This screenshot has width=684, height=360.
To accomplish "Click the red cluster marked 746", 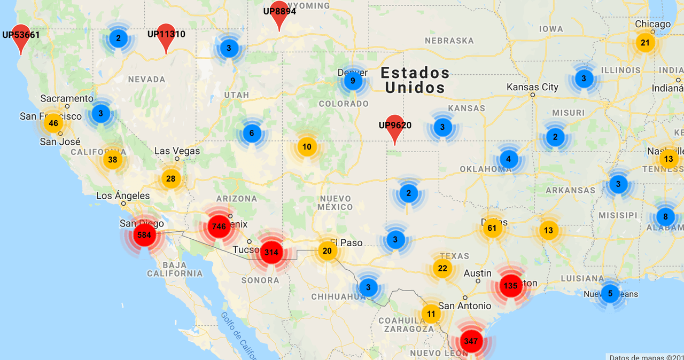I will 219,226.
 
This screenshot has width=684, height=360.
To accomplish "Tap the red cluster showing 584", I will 144,234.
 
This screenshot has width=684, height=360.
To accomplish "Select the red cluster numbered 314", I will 271,252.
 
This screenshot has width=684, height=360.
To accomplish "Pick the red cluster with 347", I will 471,341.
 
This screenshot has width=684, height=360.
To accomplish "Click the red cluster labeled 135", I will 510,286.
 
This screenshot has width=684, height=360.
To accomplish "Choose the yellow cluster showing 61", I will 492,229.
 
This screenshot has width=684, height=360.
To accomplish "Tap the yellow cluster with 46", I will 53,123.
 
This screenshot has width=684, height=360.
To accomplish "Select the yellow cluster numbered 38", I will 112,159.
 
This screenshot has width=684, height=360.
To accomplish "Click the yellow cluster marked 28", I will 170,178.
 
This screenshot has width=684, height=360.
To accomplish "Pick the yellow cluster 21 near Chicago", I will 645,43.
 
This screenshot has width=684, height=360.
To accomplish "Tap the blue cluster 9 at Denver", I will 352,81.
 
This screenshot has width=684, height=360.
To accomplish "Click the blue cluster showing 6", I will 252,133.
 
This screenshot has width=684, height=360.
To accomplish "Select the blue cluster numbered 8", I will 665,217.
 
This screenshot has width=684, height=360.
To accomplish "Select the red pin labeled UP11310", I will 166,37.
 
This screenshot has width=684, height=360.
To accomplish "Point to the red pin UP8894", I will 279,15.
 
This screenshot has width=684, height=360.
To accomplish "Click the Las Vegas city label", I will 177,151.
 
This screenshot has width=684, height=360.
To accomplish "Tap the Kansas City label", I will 532,87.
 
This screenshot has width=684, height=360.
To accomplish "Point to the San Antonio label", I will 464,306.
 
